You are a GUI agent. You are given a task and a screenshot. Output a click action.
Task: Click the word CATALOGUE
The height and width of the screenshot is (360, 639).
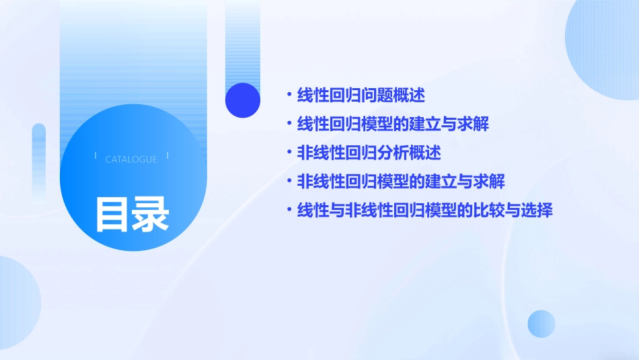[x=131, y=159]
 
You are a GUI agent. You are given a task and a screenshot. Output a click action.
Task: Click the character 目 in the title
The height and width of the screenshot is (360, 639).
[x=112, y=213]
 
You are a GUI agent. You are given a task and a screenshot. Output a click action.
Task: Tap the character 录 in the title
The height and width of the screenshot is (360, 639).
[x=151, y=213]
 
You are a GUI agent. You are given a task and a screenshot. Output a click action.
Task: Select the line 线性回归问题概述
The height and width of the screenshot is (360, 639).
[x=361, y=96]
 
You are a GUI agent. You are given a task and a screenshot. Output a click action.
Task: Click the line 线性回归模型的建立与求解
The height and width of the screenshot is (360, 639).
[x=393, y=124]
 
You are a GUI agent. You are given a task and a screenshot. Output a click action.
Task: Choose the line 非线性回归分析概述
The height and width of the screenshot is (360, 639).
[x=369, y=153]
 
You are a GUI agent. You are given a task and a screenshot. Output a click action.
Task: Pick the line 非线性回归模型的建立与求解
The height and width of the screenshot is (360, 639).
[x=401, y=182]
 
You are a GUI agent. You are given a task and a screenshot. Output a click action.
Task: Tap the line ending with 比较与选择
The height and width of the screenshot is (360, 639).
[x=424, y=211]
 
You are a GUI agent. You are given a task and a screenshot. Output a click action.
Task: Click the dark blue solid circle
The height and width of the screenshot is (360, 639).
[x=243, y=100]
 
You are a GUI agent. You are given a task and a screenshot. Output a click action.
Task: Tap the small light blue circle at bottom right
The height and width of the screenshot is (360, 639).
[x=541, y=324]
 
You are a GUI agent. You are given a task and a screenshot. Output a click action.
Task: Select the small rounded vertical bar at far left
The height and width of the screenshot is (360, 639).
[x=39, y=161]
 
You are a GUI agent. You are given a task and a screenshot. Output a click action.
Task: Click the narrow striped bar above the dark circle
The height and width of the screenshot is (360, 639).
[x=243, y=40]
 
